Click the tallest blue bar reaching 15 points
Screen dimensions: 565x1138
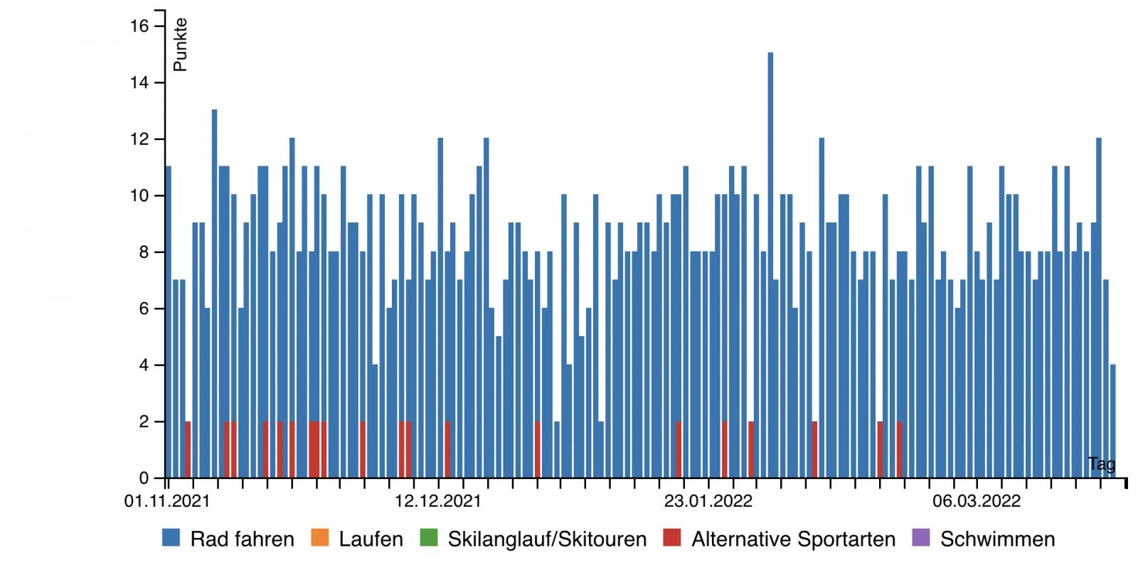(x=770, y=263)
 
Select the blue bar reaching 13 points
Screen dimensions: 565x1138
(x=214, y=291)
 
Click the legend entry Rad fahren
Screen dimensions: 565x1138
(x=242, y=539)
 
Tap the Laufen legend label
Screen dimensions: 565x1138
(x=371, y=539)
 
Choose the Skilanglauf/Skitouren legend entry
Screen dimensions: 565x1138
(x=547, y=539)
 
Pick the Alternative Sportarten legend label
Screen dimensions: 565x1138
(x=793, y=539)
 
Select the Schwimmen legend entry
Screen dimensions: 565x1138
(x=997, y=539)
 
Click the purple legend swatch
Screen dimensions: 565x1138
(x=920, y=538)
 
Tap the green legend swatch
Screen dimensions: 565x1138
(x=429, y=538)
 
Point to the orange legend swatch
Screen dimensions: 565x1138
(x=320, y=538)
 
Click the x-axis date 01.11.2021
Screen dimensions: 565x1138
(x=167, y=501)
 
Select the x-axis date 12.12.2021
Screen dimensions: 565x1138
(x=437, y=501)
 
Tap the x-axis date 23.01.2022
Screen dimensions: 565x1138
(x=708, y=501)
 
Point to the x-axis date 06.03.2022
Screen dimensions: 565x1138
(x=976, y=501)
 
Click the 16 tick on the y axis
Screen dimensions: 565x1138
(x=139, y=26)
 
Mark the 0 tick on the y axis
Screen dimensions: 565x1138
(x=144, y=478)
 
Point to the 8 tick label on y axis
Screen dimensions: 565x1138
(x=144, y=252)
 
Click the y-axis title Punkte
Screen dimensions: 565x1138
(x=180, y=44)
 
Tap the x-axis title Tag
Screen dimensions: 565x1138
(x=1101, y=464)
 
